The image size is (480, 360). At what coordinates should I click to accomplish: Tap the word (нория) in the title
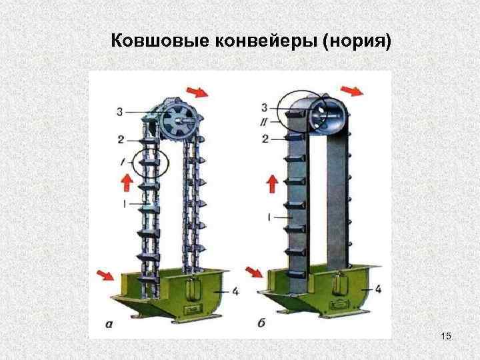(x=357, y=42)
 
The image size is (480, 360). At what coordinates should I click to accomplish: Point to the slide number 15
(x=446, y=338)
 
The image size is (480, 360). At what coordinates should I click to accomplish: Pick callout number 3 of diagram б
(x=265, y=107)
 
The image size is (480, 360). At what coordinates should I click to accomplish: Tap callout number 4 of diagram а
(x=235, y=291)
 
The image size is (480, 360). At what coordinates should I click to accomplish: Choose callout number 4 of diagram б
(x=379, y=289)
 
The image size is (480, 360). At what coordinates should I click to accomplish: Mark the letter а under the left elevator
(x=109, y=325)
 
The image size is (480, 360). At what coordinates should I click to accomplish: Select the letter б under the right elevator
(x=261, y=324)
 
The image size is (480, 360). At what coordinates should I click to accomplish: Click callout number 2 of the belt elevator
(x=265, y=139)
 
